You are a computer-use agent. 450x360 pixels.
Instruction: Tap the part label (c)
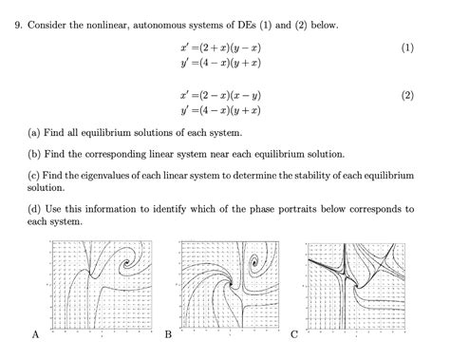click(x=35, y=175)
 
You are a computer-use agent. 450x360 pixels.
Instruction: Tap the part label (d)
click(x=35, y=208)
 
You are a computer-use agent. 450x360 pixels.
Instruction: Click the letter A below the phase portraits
click(x=35, y=334)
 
